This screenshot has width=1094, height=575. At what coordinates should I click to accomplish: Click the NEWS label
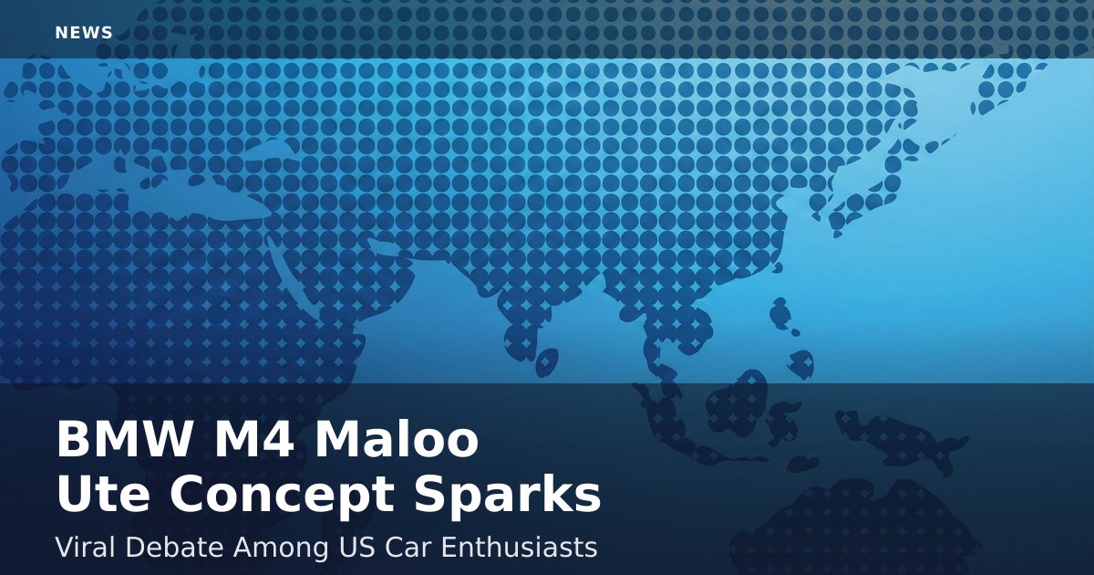pos(84,33)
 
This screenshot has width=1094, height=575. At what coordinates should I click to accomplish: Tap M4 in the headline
pos(254,439)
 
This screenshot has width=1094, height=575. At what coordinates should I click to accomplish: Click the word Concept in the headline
pos(282,496)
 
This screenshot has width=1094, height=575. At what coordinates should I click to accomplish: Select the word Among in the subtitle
pos(281,549)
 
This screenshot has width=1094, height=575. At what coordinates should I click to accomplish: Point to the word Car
pos(407,548)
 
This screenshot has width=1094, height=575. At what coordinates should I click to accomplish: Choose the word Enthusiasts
pos(519,547)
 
